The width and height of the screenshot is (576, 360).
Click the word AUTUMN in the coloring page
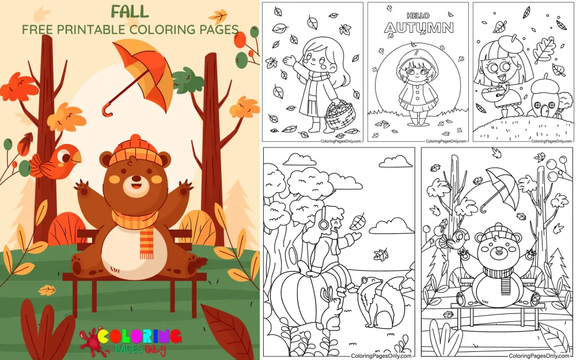[x=419, y=28]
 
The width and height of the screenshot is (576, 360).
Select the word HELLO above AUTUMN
[x=418, y=16]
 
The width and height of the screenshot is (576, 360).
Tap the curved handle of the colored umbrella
[x=107, y=109]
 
